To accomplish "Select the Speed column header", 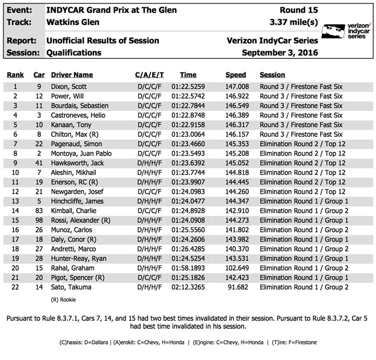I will click(x=235, y=75).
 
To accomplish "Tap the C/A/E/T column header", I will click(x=149, y=75).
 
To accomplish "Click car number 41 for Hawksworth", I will click(x=39, y=163).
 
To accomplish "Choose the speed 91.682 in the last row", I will click(x=238, y=288).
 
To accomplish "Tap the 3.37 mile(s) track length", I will click(x=293, y=23).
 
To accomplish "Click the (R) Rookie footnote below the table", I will click(x=63, y=299).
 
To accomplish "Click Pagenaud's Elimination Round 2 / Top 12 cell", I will click(x=302, y=144).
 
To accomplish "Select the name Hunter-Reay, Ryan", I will click(x=79, y=259).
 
